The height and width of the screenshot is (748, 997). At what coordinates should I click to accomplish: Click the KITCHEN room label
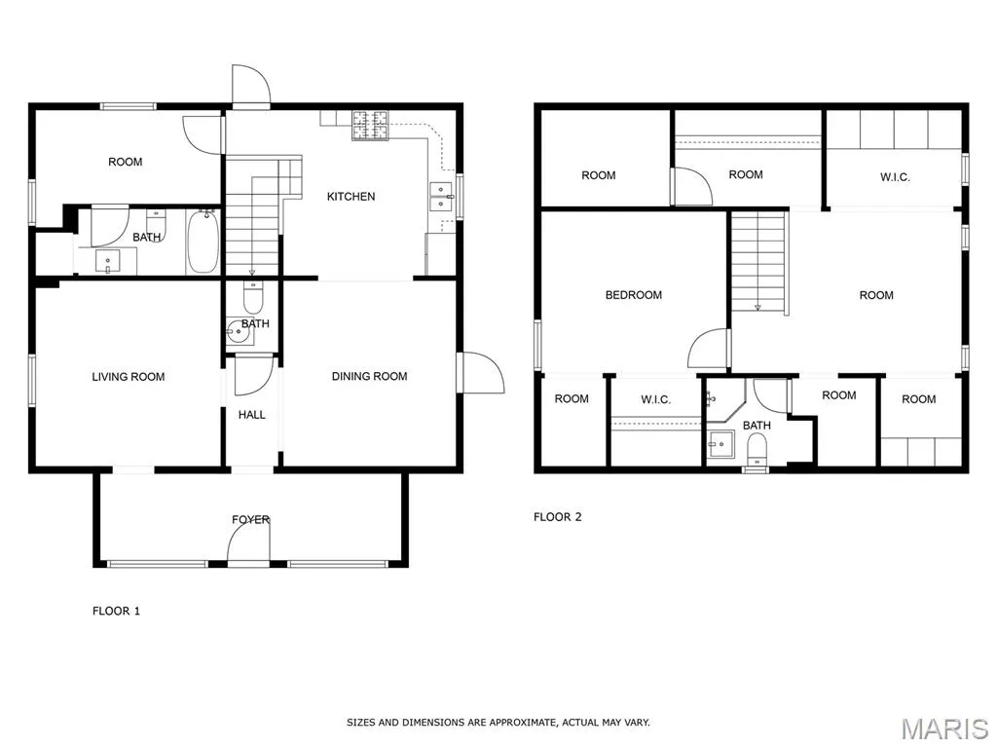click(x=351, y=197)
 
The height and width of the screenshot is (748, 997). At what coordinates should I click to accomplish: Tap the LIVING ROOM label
click(x=129, y=377)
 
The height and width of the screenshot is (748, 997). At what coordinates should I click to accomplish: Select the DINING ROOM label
click(x=369, y=376)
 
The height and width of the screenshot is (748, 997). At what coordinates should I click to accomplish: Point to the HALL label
click(x=252, y=415)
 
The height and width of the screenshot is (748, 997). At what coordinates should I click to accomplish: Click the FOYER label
click(x=250, y=520)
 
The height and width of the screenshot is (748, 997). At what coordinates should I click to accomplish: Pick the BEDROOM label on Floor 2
click(x=633, y=294)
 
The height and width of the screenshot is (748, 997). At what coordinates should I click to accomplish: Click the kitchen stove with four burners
click(x=370, y=125)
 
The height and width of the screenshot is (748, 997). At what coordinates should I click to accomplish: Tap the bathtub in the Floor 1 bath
click(x=203, y=243)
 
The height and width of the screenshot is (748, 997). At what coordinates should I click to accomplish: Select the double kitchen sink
click(x=441, y=196)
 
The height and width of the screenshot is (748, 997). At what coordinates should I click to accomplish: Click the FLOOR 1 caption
click(x=116, y=611)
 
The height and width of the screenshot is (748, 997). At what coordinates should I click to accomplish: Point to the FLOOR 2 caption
click(x=557, y=516)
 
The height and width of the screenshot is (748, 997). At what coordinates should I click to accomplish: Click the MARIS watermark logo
click(x=944, y=729)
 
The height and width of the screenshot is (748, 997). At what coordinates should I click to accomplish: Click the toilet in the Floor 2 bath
click(x=757, y=448)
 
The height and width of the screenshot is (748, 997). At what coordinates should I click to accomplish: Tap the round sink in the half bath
click(x=240, y=331)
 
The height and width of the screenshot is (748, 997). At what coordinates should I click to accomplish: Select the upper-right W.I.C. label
click(x=895, y=177)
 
